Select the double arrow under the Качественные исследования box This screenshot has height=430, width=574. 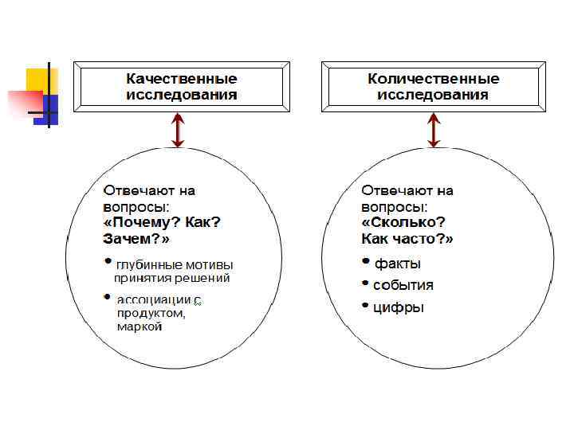pyautogui.click(x=178, y=131)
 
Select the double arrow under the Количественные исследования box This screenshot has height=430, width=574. pyautogui.click(x=434, y=131)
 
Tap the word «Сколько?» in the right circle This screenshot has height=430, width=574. pyautogui.click(x=403, y=222)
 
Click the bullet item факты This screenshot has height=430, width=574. pyautogui.click(x=398, y=264)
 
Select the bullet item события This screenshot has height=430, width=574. pyautogui.click(x=403, y=285)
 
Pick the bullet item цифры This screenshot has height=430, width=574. pyautogui.click(x=399, y=307)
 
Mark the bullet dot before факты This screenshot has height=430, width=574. pyautogui.click(x=367, y=261)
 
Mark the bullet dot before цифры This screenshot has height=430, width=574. pyautogui.click(x=367, y=305)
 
